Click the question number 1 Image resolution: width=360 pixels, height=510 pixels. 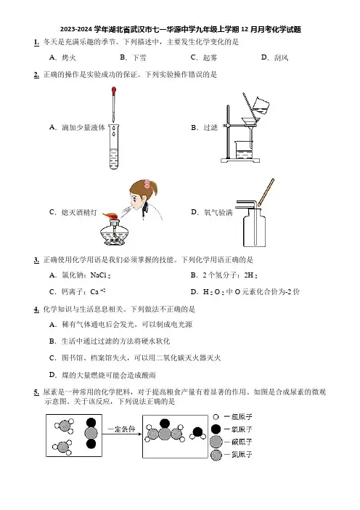coord(36,42)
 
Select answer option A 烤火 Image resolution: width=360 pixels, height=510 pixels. coord(62,57)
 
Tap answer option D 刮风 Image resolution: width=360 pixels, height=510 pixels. coord(274,57)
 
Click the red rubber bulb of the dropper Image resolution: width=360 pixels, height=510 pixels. coord(114,91)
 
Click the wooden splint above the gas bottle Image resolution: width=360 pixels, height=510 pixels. coord(266,192)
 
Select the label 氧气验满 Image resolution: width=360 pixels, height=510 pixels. coord(218,212)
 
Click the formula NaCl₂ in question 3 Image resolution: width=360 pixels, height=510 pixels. coord(100,275)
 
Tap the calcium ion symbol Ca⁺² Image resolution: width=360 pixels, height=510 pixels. coord(98,291)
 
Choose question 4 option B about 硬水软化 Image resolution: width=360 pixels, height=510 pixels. coord(110,341)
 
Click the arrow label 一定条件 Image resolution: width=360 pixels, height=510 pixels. coord(121,429)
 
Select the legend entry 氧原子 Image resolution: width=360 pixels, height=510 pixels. coord(232,429)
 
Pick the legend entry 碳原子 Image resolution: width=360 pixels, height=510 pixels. coord(232,442)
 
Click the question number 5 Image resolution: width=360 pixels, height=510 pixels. coord(36,392)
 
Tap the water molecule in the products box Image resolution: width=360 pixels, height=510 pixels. coord(197,433)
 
